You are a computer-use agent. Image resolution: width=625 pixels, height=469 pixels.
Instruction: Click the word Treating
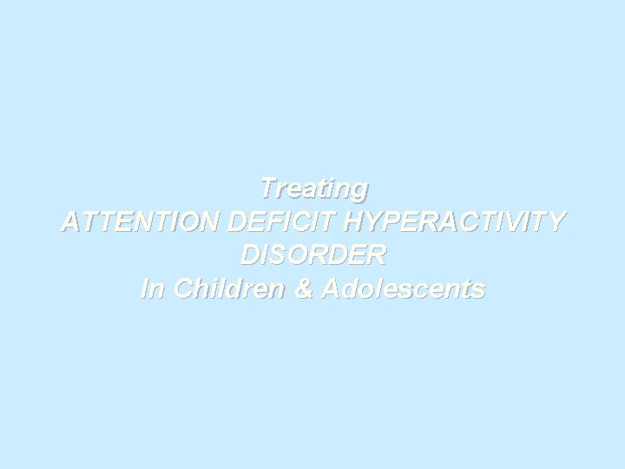point(313,188)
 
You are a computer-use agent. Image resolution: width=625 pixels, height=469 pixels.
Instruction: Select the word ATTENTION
point(141,221)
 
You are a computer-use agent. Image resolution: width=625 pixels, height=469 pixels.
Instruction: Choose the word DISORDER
point(312,255)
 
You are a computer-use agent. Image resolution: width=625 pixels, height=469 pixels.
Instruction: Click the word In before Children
point(153,289)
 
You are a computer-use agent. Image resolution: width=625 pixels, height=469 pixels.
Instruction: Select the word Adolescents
point(403,289)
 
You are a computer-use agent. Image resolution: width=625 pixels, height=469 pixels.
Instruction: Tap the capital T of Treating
point(268,188)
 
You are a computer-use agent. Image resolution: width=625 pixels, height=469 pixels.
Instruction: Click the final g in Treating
point(359,189)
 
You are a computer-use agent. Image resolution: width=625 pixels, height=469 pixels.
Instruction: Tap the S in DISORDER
point(271,255)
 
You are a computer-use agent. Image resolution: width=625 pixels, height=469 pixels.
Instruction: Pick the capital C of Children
point(182,289)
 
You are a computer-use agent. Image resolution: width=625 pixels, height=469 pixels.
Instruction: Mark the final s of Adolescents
point(478,290)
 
